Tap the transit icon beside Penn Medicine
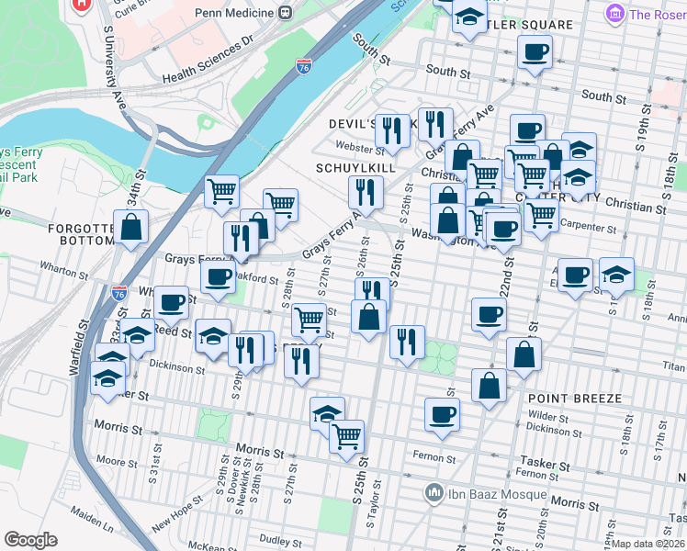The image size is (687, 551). [286, 13]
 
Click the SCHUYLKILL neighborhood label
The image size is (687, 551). [355, 169]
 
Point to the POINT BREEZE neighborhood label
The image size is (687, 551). [575, 399]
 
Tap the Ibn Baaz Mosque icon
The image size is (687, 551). [434, 494]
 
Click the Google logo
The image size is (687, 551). [30, 540]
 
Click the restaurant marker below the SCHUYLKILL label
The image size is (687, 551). [366, 192]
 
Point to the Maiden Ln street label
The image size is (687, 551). [96, 528]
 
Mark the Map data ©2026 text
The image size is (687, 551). [648, 544]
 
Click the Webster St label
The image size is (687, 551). [353, 146]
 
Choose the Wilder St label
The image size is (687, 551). [550, 416]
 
